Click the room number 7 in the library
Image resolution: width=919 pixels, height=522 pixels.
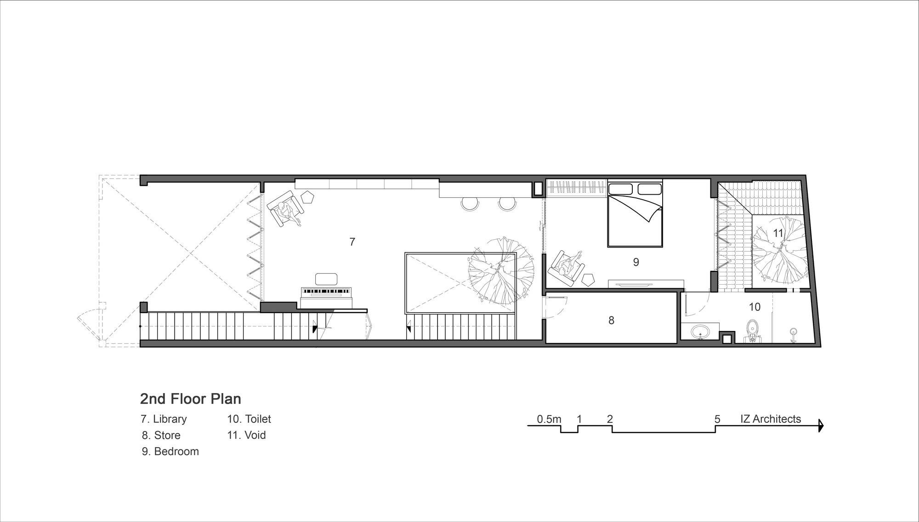coord(352,242)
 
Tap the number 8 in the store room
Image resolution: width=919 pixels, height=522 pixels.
coord(611,320)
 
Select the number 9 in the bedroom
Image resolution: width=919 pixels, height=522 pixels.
coord(636,262)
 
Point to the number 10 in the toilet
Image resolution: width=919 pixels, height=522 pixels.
coord(754,307)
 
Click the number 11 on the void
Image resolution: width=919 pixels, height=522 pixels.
coord(778,233)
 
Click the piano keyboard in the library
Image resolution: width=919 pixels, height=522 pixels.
coord(326,292)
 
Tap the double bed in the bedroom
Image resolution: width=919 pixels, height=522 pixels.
coord(635,213)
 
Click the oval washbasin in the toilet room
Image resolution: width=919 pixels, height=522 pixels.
coord(700,331)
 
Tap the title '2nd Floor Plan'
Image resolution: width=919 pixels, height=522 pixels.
coord(191,399)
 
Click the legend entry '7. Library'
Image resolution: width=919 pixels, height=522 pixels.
coord(164,419)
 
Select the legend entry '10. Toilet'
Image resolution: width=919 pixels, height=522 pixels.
coord(249,419)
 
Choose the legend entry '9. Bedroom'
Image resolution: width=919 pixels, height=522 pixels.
coord(170,452)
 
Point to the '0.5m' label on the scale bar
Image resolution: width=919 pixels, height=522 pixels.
coord(549,419)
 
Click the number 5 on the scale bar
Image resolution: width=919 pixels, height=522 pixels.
coord(717,419)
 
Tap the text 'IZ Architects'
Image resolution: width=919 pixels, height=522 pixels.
coord(771,419)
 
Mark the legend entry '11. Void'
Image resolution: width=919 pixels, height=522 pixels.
coord(246,435)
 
